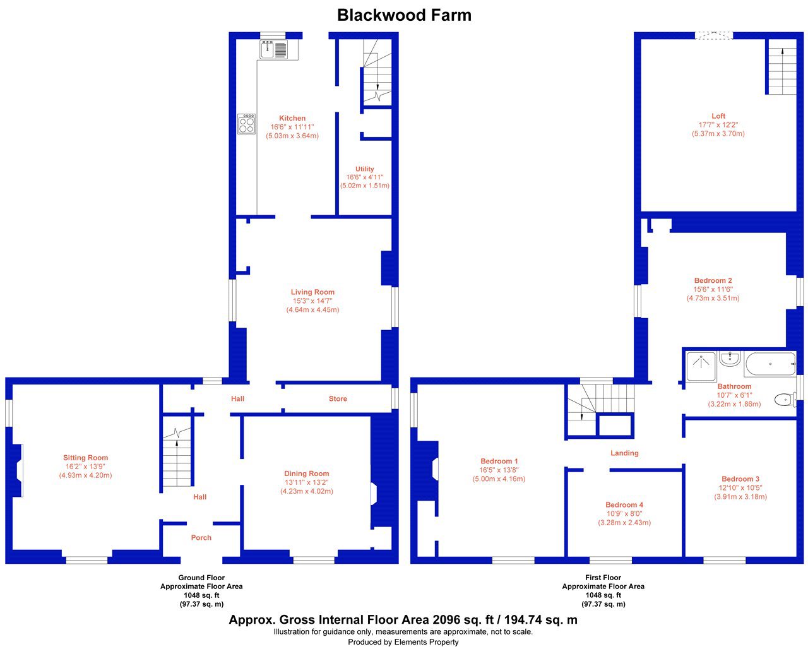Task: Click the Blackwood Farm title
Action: coord(404,15)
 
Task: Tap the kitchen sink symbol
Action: coord(273,50)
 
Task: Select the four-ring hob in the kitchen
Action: coord(246,124)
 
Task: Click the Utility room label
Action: coord(365,169)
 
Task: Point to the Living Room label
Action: coord(312,292)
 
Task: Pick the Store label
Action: coord(338,398)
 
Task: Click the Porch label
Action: coord(201,537)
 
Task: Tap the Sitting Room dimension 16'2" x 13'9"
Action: coord(85,467)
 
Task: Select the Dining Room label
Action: coord(306,473)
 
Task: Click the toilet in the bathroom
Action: coord(785,400)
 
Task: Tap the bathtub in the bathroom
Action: coord(771,364)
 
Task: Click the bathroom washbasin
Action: coord(730,359)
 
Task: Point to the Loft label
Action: coord(718,116)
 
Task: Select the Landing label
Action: coord(624,453)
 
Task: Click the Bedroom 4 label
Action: coord(624,505)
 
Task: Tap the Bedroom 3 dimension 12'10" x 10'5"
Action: coord(740,487)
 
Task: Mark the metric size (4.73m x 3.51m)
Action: coord(713,298)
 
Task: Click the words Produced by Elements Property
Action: coord(403,642)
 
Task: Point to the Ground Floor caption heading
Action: coord(201,578)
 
